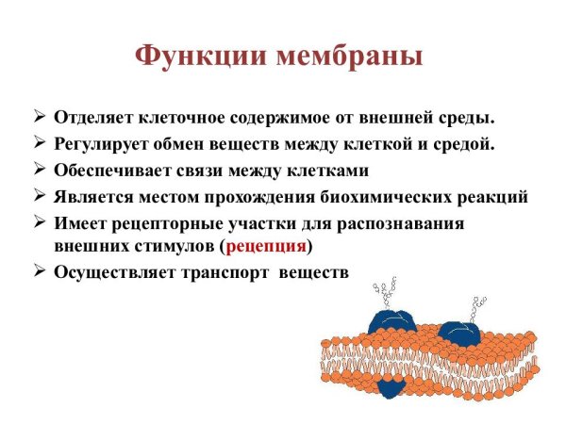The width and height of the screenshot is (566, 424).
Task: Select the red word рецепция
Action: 268,247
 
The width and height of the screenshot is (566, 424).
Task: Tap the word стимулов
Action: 175,247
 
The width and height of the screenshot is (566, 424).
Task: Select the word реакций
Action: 491,197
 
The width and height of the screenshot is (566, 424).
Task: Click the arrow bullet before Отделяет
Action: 39,119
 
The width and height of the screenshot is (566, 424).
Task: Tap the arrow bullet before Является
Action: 39,196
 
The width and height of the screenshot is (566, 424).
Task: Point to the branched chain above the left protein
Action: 384,292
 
